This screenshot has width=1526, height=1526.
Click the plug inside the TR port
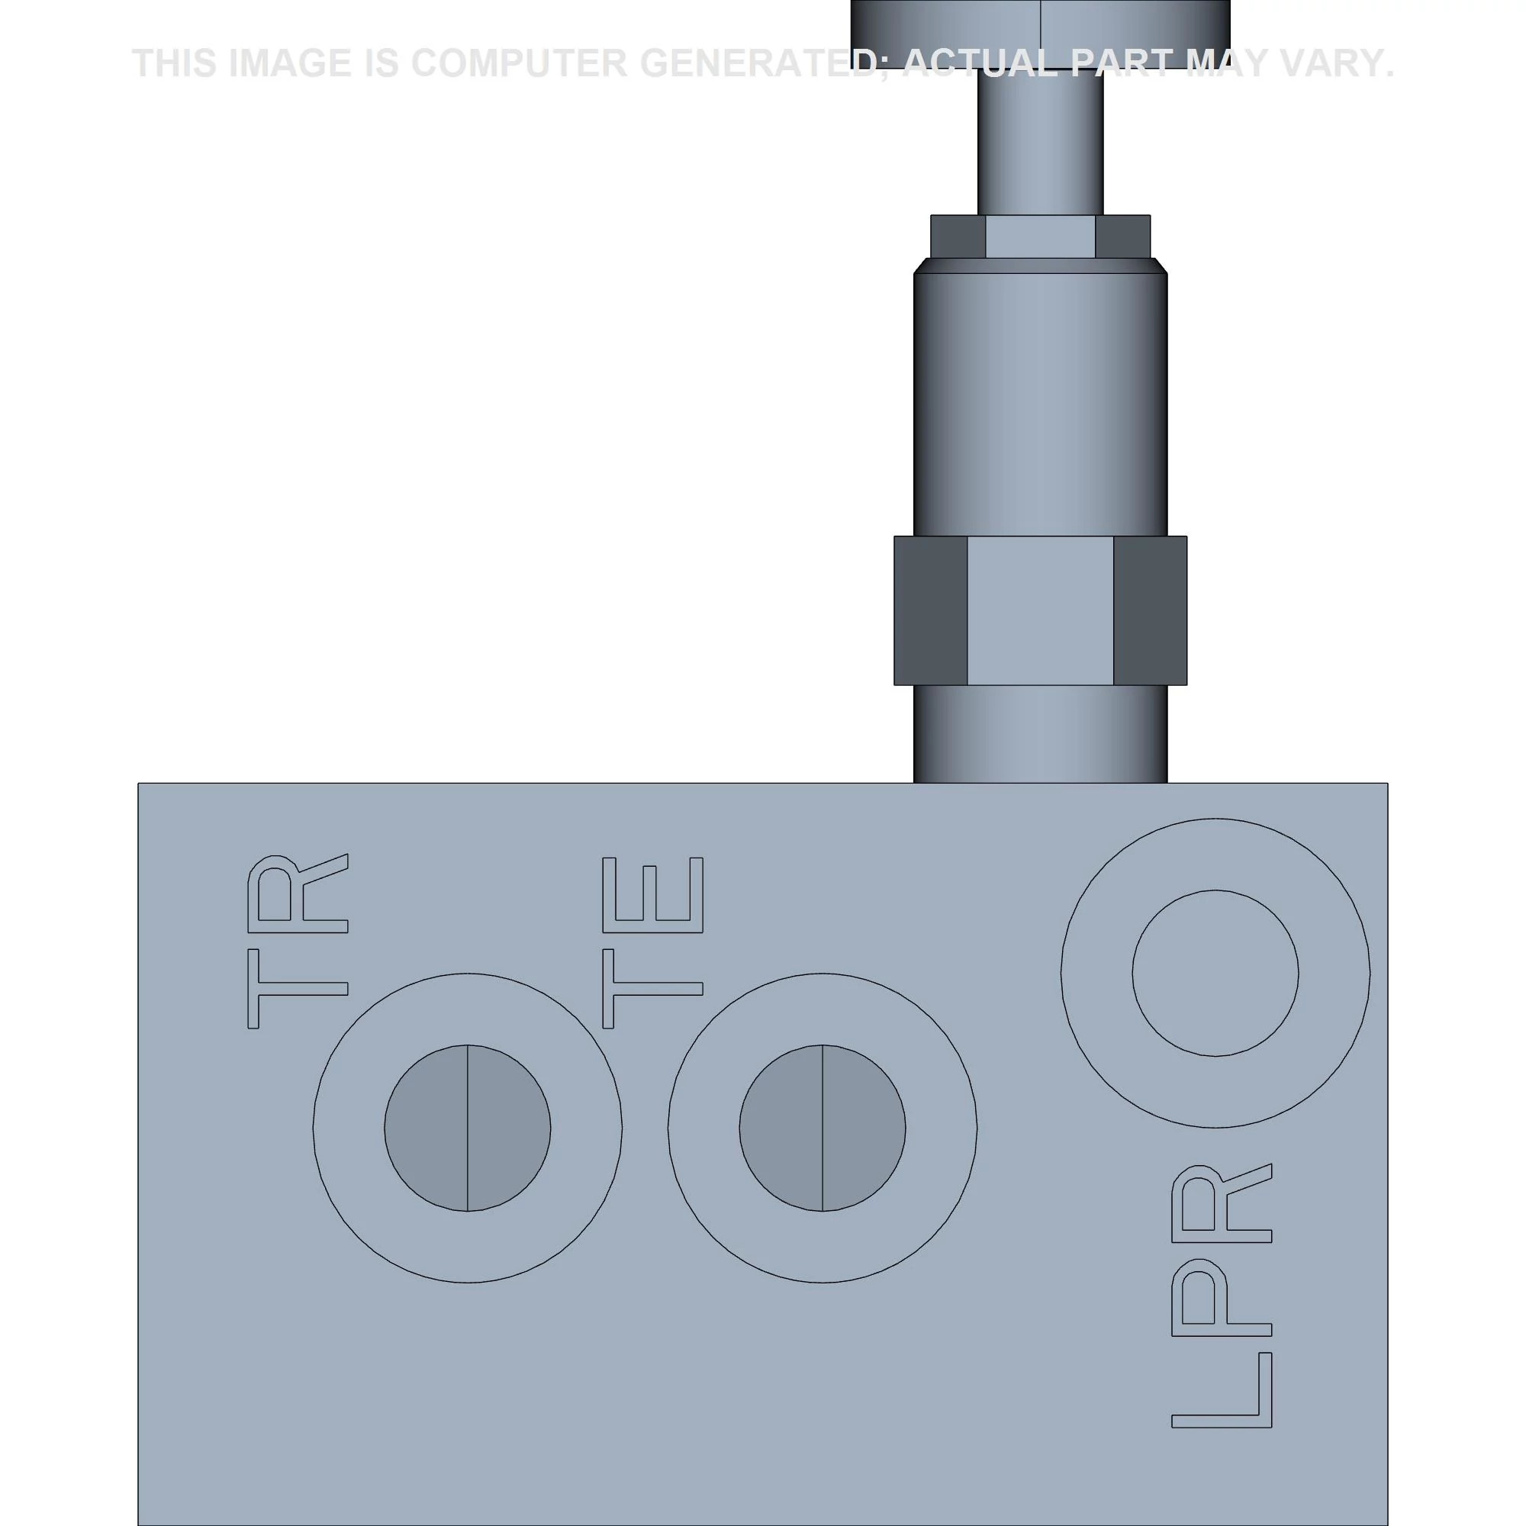(x=467, y=1128)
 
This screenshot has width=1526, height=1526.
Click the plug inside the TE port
(x=823, y=1128)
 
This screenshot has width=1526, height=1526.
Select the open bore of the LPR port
(x=1215, y=973)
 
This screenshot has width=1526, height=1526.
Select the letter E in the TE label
(x=652, y=895)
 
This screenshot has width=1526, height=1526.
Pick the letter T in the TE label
(x=652, y=989)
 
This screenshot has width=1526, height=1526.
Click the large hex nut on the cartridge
(x=1039, y=610)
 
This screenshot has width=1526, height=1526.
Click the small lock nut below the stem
(x=1039, y=237)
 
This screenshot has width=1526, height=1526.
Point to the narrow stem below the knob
(x=1039, y=142)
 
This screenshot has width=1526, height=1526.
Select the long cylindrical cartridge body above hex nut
(x=1039, y=403)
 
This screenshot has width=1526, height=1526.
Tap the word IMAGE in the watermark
(x=289, y=63)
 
